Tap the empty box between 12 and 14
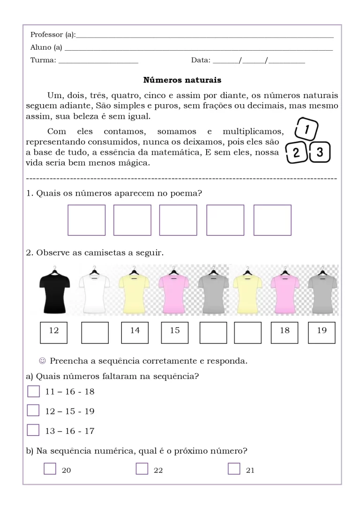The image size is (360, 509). click(95, 332)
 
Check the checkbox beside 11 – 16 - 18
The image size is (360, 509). click(33, 391)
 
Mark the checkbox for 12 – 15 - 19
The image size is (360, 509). click(33, 410)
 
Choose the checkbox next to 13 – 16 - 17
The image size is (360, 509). click(33, 430)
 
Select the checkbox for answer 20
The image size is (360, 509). click(50, 469)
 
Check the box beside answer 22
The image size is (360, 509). click(142, 469)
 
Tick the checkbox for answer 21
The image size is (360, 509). click(234, 469)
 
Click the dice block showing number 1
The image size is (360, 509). click(306, 128)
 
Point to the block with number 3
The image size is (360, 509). click(320, 153)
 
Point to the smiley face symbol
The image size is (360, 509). click(43, 361)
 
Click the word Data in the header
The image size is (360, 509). click(201, 60)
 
